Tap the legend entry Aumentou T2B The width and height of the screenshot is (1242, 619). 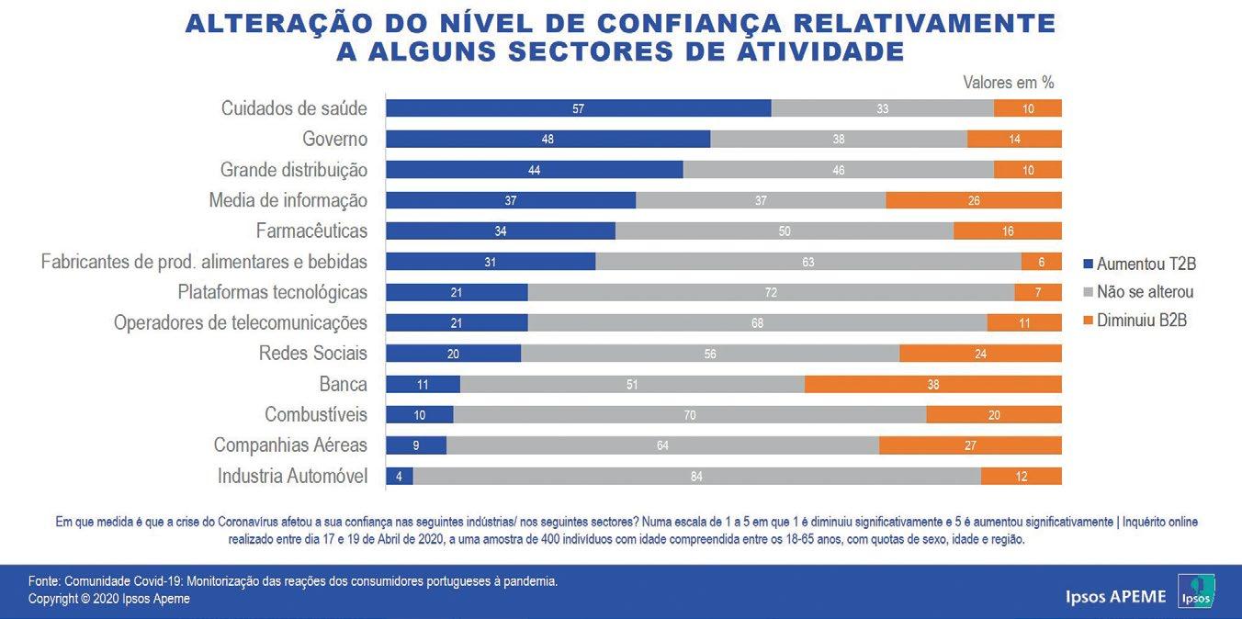[x=1139, y=264]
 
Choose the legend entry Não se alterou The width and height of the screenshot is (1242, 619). [x=1139, y=292]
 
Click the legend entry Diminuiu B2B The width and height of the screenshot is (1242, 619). [x=1135, y=321]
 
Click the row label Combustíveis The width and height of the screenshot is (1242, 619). [x=316, y=414]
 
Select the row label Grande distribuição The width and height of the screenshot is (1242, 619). [x=293, y=170]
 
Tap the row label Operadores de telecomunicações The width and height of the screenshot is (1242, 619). [x=241, y=323]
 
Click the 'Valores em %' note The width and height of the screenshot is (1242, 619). [x=1008, y=83]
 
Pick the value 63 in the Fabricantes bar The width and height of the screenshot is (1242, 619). [x=807, y=262]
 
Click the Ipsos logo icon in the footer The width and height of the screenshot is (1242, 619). [x=1196, y=591]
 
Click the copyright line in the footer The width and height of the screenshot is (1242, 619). [x=109, y=599]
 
